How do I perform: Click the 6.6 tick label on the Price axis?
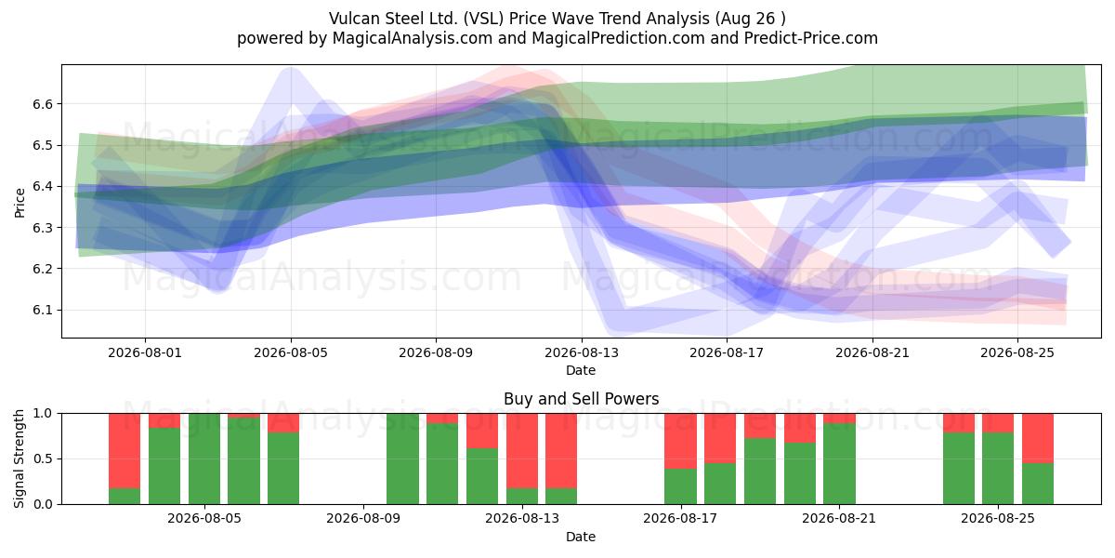point(43,104)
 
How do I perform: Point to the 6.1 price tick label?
point(43,310)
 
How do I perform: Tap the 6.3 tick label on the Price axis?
point(43,228)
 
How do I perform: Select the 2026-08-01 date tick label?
point(145,352)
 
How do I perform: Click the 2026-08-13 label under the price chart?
point(582,352)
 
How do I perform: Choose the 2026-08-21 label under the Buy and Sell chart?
point(839,518)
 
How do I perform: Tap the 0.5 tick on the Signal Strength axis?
point(43,458)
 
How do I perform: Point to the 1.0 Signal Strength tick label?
point(43,414)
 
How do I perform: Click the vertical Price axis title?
point(20,203)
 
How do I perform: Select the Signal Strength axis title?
point(19,458)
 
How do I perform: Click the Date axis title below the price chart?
point(581,370)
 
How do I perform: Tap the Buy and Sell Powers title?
point(581,399)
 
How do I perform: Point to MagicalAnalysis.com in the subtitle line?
point(413,38)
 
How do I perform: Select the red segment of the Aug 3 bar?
point(125,451)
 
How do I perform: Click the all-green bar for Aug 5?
point(204,458)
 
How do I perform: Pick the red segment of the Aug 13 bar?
point(522,451)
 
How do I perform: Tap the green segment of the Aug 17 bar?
point(680,486)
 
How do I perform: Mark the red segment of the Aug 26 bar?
point(1038,438)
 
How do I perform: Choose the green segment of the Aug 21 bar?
point(839,464)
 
